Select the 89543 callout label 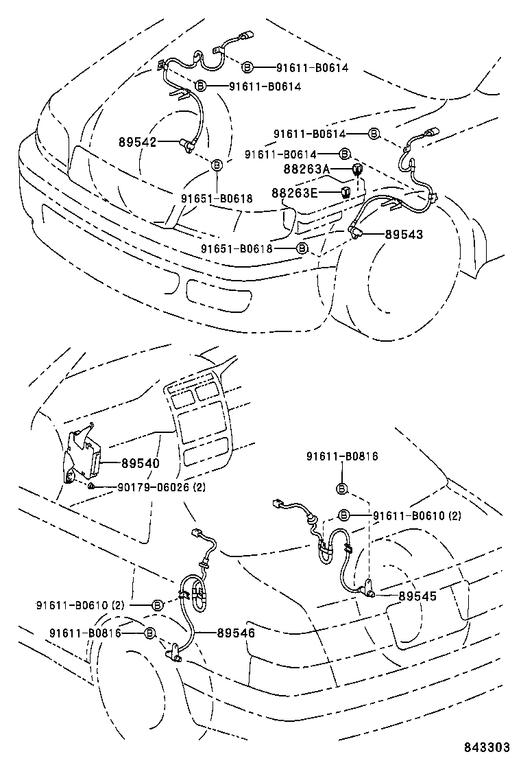tap(404, 234)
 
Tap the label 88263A tap(306, 169)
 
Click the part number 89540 tap(141, 464)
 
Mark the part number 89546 tap(237, 633)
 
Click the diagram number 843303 tap(487, 747)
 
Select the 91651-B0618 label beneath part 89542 tap(217, 198)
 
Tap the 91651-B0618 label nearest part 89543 tap(237, 248)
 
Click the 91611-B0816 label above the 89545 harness tap(342, 456)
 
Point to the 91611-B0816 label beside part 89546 tap(84, 633)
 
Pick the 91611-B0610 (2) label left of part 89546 tap(80, 605)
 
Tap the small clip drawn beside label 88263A tap(357, 169)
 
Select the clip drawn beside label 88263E tap(347, 191)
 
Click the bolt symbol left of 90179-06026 tap(90, 486)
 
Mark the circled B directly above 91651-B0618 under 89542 tap(217, 165)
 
